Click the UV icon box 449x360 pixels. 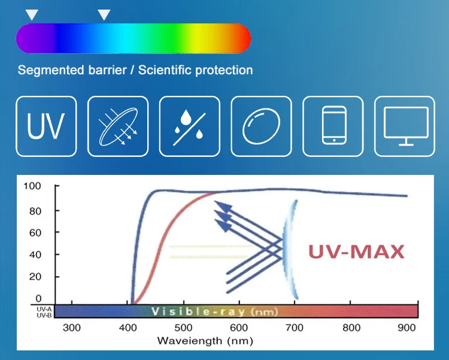click(46, 126)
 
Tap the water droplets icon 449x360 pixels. click(189, 126)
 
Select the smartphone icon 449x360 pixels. click(333, 126)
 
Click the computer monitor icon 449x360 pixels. click(405, 126)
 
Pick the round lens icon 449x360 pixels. click(261, 126)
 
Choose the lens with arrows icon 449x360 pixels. click(118, 126)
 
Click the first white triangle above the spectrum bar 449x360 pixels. click(31, 14)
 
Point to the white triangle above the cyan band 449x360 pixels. click(104, 14)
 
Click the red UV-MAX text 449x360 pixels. click(356, 251)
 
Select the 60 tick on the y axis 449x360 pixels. click(35, 232)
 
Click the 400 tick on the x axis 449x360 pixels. click(128, 328)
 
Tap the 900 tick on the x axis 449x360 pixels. click(407, 328)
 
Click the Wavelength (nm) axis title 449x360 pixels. click(204, 341)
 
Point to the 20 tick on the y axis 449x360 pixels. click(35, 277)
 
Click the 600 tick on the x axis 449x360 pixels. click(239, 328)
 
